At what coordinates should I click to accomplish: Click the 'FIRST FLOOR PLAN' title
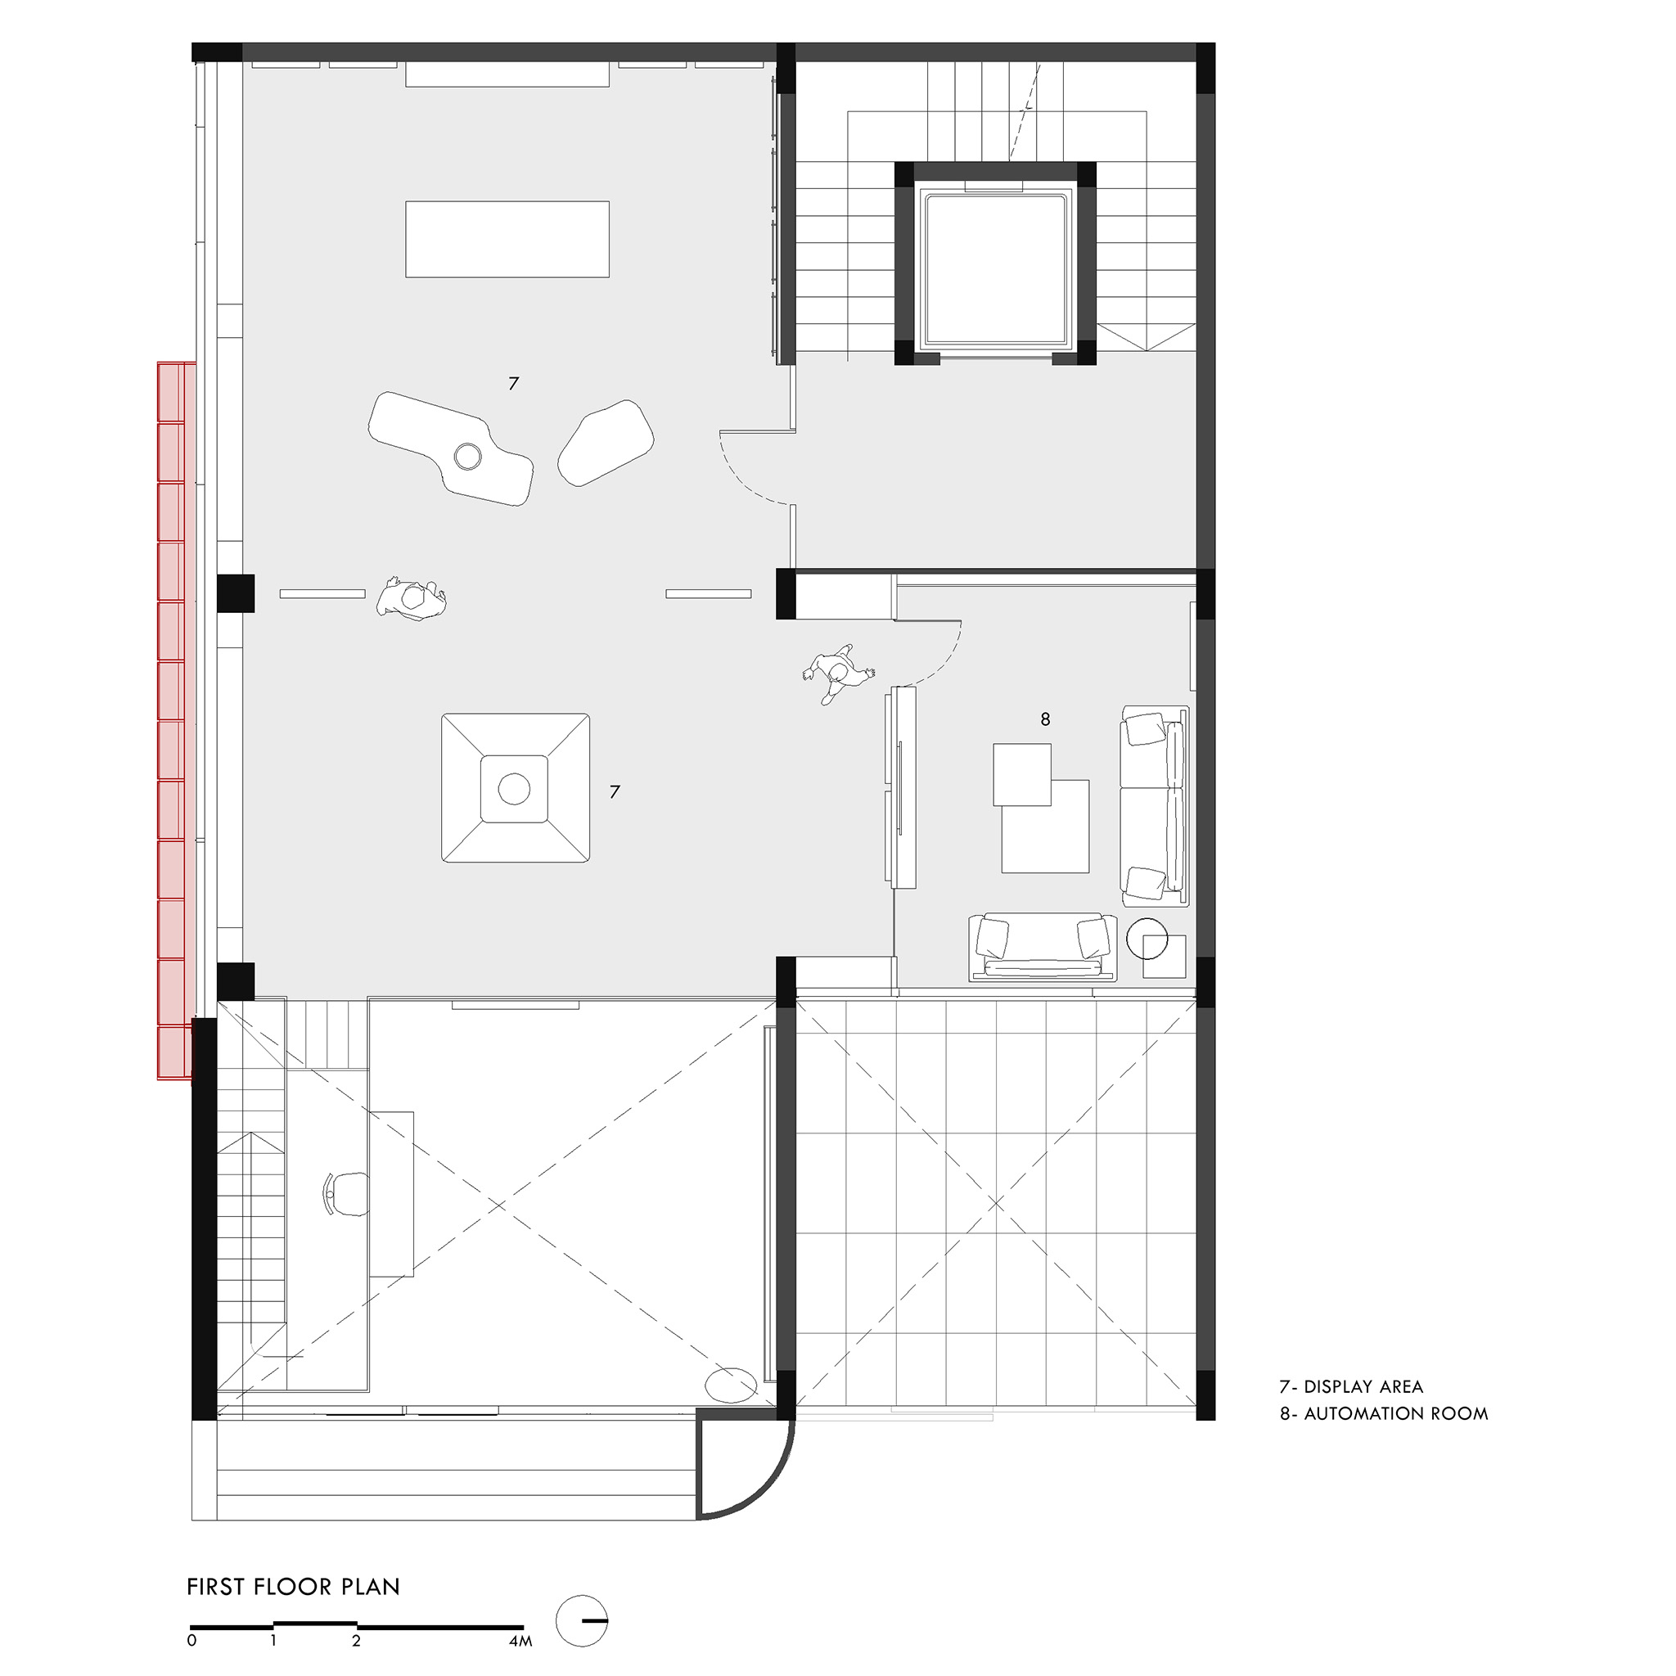point(293,1611)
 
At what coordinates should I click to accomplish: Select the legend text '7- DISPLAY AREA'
point(1350,1387)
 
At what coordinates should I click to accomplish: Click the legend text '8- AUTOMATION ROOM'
point(1384,1413)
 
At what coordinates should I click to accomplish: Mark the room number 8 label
point(1045,719)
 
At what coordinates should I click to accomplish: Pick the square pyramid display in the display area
point(516,788)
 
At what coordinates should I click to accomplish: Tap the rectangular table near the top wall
point(507,240)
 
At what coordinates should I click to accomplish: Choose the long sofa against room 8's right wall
point(1155,806)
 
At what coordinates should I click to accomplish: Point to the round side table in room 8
point(1147,939)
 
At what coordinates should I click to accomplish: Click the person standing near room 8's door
point(837,673)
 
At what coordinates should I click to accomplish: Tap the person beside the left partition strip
point(412,598)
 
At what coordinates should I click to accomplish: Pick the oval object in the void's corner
point(732,1385)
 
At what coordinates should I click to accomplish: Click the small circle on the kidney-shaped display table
point(467,456)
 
